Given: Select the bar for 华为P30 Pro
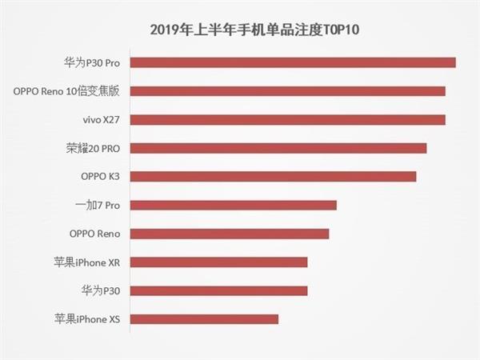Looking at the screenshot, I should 292,62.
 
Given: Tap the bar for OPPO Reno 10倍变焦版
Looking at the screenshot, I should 287,91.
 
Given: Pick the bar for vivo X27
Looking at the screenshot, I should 287,120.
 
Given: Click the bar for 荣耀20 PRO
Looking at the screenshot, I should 278,148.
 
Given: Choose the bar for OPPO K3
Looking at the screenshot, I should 273,177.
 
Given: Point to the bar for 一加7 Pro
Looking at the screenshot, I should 233,205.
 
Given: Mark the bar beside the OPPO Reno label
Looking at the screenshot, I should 229,234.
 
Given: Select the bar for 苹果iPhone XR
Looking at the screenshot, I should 218,262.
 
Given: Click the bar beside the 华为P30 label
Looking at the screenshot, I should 218,290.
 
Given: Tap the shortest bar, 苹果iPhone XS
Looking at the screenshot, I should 204,319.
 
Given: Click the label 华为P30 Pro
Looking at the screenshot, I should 91,62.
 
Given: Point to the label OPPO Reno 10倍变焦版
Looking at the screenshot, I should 66,91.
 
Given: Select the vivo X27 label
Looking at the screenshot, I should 100,120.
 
